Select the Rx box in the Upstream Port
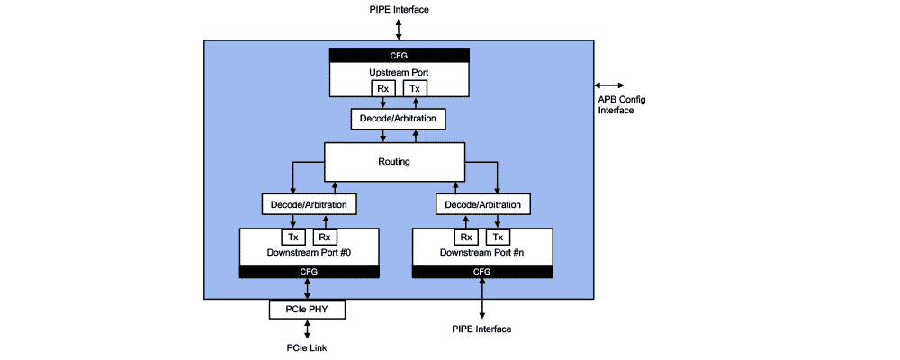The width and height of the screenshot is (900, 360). point(383,88)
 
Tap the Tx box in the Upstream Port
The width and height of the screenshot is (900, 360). point(414,88)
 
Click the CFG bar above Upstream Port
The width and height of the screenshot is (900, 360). point(399,56)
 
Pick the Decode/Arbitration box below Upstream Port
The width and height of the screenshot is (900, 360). point(399,119)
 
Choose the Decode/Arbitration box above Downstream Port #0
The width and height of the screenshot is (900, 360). point(310,204)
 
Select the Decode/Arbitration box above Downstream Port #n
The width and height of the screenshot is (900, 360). point(483,204)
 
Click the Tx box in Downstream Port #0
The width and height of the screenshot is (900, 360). point(293,238)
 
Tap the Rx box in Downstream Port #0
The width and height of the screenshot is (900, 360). point(325,238)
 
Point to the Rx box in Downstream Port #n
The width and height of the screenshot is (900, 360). point(466,238)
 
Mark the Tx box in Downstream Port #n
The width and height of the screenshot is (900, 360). point(498,238)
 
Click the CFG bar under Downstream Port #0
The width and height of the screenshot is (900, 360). point(309,271)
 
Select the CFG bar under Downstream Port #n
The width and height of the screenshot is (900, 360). point(482,271)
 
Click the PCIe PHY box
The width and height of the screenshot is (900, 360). point(308,310)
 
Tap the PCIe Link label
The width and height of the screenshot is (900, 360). point(308,346)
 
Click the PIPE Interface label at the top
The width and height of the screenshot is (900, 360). point(399,10)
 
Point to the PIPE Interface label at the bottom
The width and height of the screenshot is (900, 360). point(481,329)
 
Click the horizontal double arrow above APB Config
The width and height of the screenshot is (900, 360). point(608,85)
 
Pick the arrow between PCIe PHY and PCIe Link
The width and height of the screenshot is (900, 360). point(308,328)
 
